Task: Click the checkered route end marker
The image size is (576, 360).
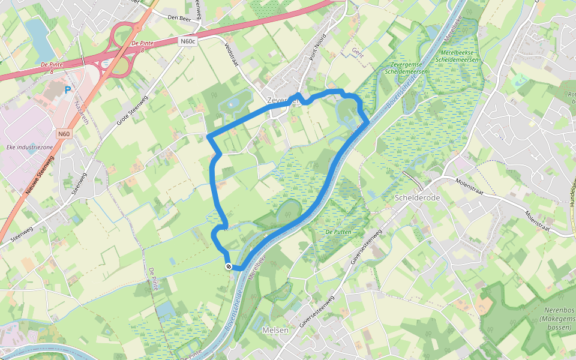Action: tap(229, 266)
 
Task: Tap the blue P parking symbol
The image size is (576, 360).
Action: tap(68, 90)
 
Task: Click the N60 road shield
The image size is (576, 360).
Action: tap(64, 134)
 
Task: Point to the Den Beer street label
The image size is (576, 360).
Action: tap(179, 18)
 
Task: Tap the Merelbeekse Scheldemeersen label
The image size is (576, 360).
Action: tap(457, 56)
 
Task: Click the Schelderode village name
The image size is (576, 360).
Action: tap(418, 197)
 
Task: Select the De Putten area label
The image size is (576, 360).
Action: tap(337, 232)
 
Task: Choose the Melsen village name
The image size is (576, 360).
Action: tap(275, 329)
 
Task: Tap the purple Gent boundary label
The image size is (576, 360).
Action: tap(358, 53)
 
